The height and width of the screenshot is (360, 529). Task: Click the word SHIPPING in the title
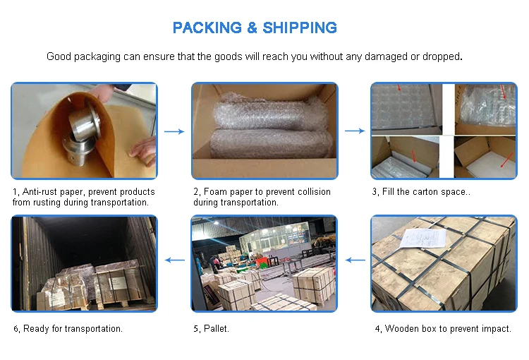300,28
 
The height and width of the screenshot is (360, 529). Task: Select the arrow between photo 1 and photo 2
174,131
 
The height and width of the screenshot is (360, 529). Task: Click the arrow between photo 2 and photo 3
354,131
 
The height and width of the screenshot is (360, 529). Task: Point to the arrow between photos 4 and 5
355,260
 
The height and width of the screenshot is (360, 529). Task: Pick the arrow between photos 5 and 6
174,260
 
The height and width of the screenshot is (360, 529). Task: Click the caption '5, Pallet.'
211,329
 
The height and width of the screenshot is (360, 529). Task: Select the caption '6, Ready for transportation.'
68,329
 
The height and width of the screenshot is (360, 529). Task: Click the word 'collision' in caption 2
312,192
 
